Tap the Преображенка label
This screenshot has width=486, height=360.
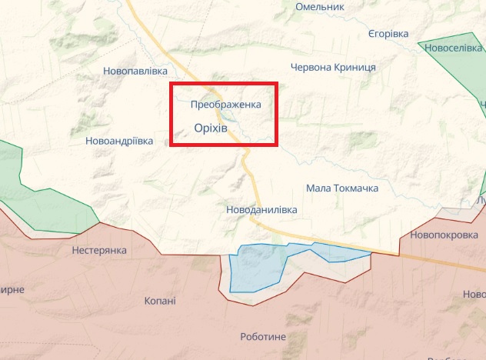pos(226,104)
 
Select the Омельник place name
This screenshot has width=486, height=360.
pos(320,6)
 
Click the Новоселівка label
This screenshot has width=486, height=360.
pos(453,48)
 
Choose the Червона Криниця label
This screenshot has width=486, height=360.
pos(334,67)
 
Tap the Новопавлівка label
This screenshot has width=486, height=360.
pos(135,71)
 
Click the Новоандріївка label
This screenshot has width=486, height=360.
pos(119,141)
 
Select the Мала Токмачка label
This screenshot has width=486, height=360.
pos(341,187)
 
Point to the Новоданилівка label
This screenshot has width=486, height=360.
pos(261,209)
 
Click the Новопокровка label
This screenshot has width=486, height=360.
pos(444,235)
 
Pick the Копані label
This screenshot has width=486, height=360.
pos(160,301)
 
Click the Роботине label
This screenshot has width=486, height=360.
pos(263,337)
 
